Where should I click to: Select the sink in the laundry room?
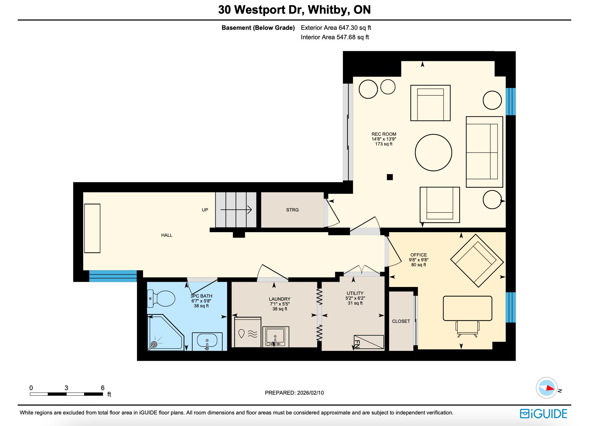(275, 336)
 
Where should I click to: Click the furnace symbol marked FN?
(368, 342)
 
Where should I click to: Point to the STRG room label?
(292, 210)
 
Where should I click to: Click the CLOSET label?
(401, 321)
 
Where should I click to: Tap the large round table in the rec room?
(433, 152)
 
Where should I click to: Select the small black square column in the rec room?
(390, 177)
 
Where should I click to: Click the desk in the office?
(467, 308)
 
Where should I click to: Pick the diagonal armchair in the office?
(476, 261)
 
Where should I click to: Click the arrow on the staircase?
(236, 210)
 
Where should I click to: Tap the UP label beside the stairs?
(205, 210)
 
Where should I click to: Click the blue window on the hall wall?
(113, 276)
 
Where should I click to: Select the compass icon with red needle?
(546, 388)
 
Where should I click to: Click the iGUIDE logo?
(543, 414)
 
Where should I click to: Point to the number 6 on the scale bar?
(103, 388)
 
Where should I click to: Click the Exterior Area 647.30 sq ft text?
(336, 28)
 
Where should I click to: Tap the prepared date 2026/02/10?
(310, 393)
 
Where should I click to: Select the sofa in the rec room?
(484, 152)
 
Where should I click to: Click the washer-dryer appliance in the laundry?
(248, 332)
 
